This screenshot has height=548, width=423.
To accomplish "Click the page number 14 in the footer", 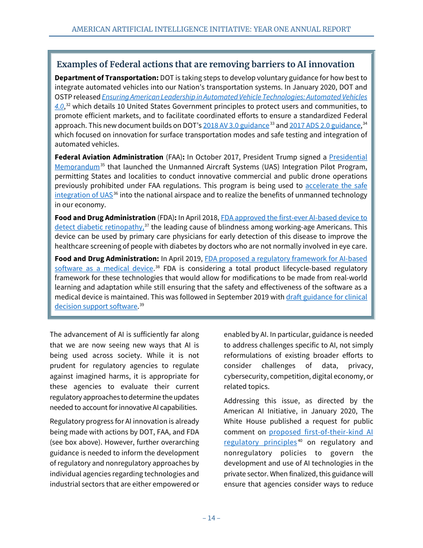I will click(x=211, y=518).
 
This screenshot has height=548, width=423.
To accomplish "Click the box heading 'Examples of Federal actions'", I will click(x=205, y=64).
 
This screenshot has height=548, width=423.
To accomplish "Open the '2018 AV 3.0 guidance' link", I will click(x=236, y=126).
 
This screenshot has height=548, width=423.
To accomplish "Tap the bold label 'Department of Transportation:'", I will click(x=106, y=78).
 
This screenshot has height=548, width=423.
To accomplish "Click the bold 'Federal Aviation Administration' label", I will click(x=109, y=157).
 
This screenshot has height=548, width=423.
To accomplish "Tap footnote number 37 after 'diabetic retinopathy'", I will click(x=146, y=225).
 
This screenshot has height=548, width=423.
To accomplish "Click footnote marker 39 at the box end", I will click(x=142, y=305).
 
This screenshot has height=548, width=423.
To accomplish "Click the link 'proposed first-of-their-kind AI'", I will click(x=321, y=432).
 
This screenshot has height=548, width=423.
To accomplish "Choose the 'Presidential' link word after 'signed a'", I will click(x=348, y=157).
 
